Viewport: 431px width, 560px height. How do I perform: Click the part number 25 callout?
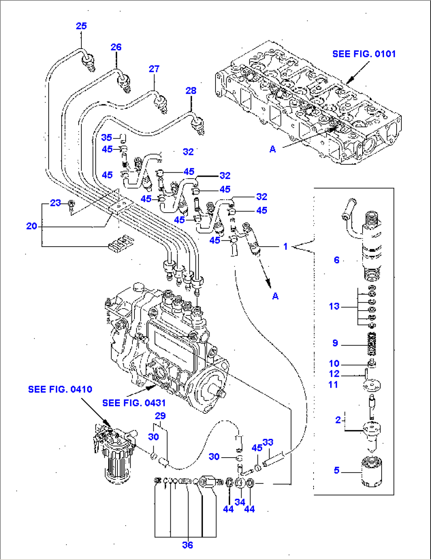pos(81,26)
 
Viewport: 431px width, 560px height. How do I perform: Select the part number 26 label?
pos(116,47)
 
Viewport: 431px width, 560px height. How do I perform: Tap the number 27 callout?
pos(154,69)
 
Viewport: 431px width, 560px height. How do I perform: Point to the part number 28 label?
pos(191,91)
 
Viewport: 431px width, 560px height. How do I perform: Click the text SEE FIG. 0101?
pos(364,54)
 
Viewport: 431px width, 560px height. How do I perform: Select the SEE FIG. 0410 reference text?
pos(60,389)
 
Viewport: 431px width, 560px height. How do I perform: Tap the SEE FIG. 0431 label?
pos(134,403)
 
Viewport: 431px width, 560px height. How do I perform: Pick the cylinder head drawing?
pos(308,107)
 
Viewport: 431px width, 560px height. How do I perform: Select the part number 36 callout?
pos(187,545)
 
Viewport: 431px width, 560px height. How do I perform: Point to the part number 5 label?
pos(336,470)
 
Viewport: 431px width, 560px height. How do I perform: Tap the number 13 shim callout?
pos(334,306)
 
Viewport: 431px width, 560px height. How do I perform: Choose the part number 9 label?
pos(335,343)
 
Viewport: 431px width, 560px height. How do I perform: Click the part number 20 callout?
pos(32,226)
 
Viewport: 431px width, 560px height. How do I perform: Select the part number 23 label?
pos(55,203)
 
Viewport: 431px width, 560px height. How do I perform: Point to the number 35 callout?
pos(106,138)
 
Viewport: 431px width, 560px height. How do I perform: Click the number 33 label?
pos(268,442)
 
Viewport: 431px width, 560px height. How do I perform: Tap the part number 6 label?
pos(336,260)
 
